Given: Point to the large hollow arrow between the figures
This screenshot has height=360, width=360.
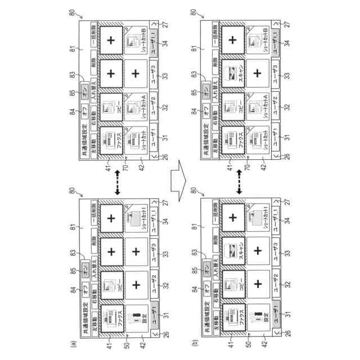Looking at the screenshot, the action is (x=179, y=179).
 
